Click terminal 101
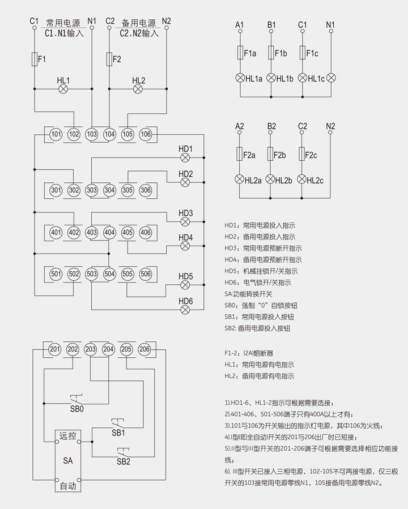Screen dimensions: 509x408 56,134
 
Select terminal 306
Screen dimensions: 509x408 146,190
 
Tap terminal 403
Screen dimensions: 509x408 92,232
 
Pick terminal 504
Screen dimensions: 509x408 109,274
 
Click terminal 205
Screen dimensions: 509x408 127,350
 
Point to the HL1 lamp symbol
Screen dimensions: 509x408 63,89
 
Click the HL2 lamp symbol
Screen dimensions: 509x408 139,89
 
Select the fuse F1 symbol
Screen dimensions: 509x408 35,59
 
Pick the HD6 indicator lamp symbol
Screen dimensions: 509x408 185,310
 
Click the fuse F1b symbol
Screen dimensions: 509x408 271,53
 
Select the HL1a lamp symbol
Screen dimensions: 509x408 240,78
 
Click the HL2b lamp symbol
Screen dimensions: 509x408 271,180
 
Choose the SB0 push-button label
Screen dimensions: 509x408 76,408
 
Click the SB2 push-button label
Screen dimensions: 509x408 124,461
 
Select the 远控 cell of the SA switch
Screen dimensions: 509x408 67,437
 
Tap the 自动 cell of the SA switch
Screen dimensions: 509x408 67,485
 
